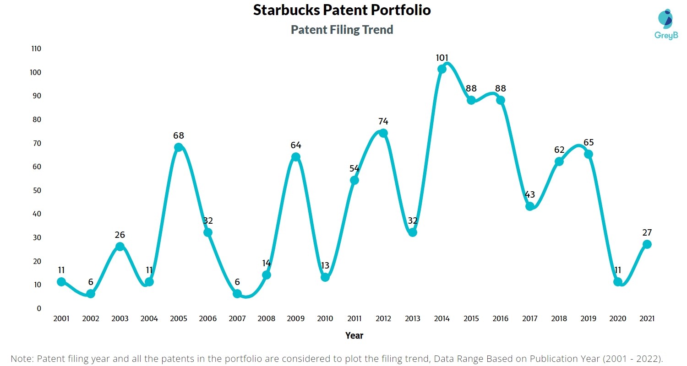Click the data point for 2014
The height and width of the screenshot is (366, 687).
pos(442,69)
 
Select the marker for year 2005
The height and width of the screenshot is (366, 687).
pos(179,147)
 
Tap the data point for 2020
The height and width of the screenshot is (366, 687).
pos(618,282)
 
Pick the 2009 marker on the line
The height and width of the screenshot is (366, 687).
pos(296,157)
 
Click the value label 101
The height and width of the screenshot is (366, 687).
pos(442,58)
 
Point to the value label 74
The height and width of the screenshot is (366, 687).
pos(383,122)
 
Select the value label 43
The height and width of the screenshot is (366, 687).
pos(530,195)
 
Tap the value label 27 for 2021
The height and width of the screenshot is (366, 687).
pos(647,232)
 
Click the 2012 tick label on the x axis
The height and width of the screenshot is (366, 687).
pos(383,319)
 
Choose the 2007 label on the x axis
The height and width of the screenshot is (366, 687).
pos(237,319)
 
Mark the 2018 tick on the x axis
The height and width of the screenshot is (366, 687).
pos(559,319)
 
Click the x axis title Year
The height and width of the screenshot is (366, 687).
pos(354,335)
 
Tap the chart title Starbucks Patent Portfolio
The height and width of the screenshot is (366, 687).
pos(342,11)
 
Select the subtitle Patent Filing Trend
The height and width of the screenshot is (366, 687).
pos(342,30)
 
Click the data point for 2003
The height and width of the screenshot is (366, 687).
pos(120,247)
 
